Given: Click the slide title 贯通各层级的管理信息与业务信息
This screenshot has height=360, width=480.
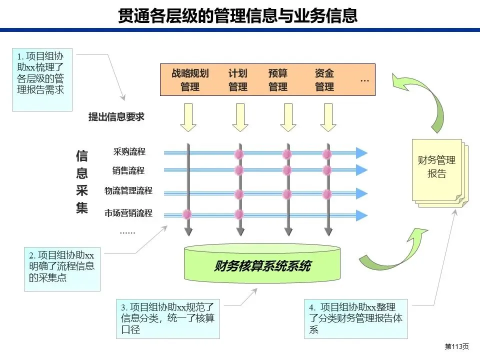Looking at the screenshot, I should (238, 15).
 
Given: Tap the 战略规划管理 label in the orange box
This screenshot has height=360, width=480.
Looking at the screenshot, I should (190, 80).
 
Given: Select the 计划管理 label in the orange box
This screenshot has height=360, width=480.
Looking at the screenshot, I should (238, 80).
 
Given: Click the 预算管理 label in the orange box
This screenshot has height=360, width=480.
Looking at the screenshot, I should (278, 80).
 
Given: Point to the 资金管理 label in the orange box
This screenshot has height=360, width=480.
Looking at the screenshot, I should (324, 80).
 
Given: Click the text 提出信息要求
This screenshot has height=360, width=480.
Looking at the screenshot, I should (116, 117).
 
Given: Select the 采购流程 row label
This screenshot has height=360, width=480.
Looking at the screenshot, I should (129, 152).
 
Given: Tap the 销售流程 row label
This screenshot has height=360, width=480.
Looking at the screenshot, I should (128, 171).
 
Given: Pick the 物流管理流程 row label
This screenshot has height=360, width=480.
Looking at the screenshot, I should (128, 191).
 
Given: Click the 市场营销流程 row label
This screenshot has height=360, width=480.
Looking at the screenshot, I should (128, 213).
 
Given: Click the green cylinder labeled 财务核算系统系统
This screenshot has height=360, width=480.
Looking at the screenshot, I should (262, 263).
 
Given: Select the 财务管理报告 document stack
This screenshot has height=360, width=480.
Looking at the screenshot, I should (437, 172).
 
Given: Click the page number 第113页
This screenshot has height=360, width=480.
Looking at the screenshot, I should (456, 346).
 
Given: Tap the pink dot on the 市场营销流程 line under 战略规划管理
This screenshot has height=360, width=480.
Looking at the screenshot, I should (187, 214).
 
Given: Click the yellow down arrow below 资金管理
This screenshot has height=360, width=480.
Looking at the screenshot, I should (327, 117).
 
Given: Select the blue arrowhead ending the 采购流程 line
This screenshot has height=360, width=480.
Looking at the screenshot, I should (361, 152).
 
